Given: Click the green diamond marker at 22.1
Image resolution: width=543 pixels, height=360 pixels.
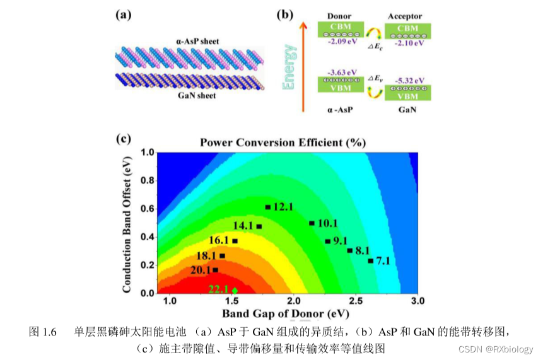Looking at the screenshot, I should [235, 290].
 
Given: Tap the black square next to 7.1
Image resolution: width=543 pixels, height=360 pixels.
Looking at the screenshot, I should [371, 260].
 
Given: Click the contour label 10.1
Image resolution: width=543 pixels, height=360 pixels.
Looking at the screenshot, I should [327, 223].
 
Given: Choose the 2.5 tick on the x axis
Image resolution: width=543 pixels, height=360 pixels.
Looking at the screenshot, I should [355, 302].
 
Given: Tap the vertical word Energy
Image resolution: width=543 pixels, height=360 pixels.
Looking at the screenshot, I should [290, 66].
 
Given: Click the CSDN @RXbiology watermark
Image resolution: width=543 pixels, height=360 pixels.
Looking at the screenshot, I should [496, 349].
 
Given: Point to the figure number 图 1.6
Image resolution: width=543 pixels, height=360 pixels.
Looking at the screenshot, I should [44, 331].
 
